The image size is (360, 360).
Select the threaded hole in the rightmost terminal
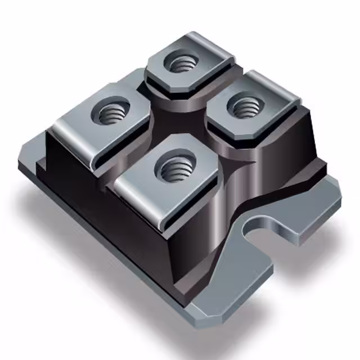[246, 106]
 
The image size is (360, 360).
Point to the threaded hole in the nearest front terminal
[172, 167]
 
